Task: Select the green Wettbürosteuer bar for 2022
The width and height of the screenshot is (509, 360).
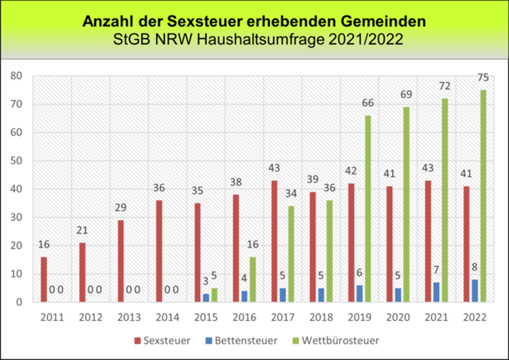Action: [483, 196]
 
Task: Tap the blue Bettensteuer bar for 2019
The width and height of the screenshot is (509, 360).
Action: [360, 293]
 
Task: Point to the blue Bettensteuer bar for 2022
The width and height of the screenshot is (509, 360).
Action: [475, 291]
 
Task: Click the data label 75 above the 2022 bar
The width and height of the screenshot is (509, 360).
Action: [483, 77]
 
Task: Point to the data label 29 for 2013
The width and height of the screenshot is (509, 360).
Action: [121, 207]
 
